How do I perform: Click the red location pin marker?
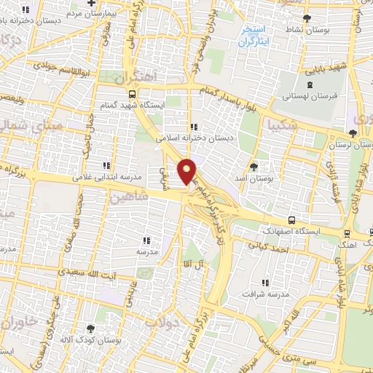pyautogui.click(x=188, y=171)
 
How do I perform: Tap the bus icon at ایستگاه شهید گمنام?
pyautogui.click(x=131, y=94)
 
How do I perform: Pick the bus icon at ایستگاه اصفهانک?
pyautogui.click(x=291, y=220)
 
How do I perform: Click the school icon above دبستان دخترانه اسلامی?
pyautogui.click(x=192, y=127)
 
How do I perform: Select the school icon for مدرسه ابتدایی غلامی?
pyautogui.click(x=107, y=166)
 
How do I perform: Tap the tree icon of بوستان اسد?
pyautogui.click(x=254, y=167)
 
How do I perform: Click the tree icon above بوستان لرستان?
pyautogui.click(x=353, y=133)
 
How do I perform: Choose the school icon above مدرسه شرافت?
pyautogui.click(x=265, y=282)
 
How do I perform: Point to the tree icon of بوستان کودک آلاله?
pyautogui.click(x=90, y=329)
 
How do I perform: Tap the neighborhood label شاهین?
pyautogui.click(x=131, y=197)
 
